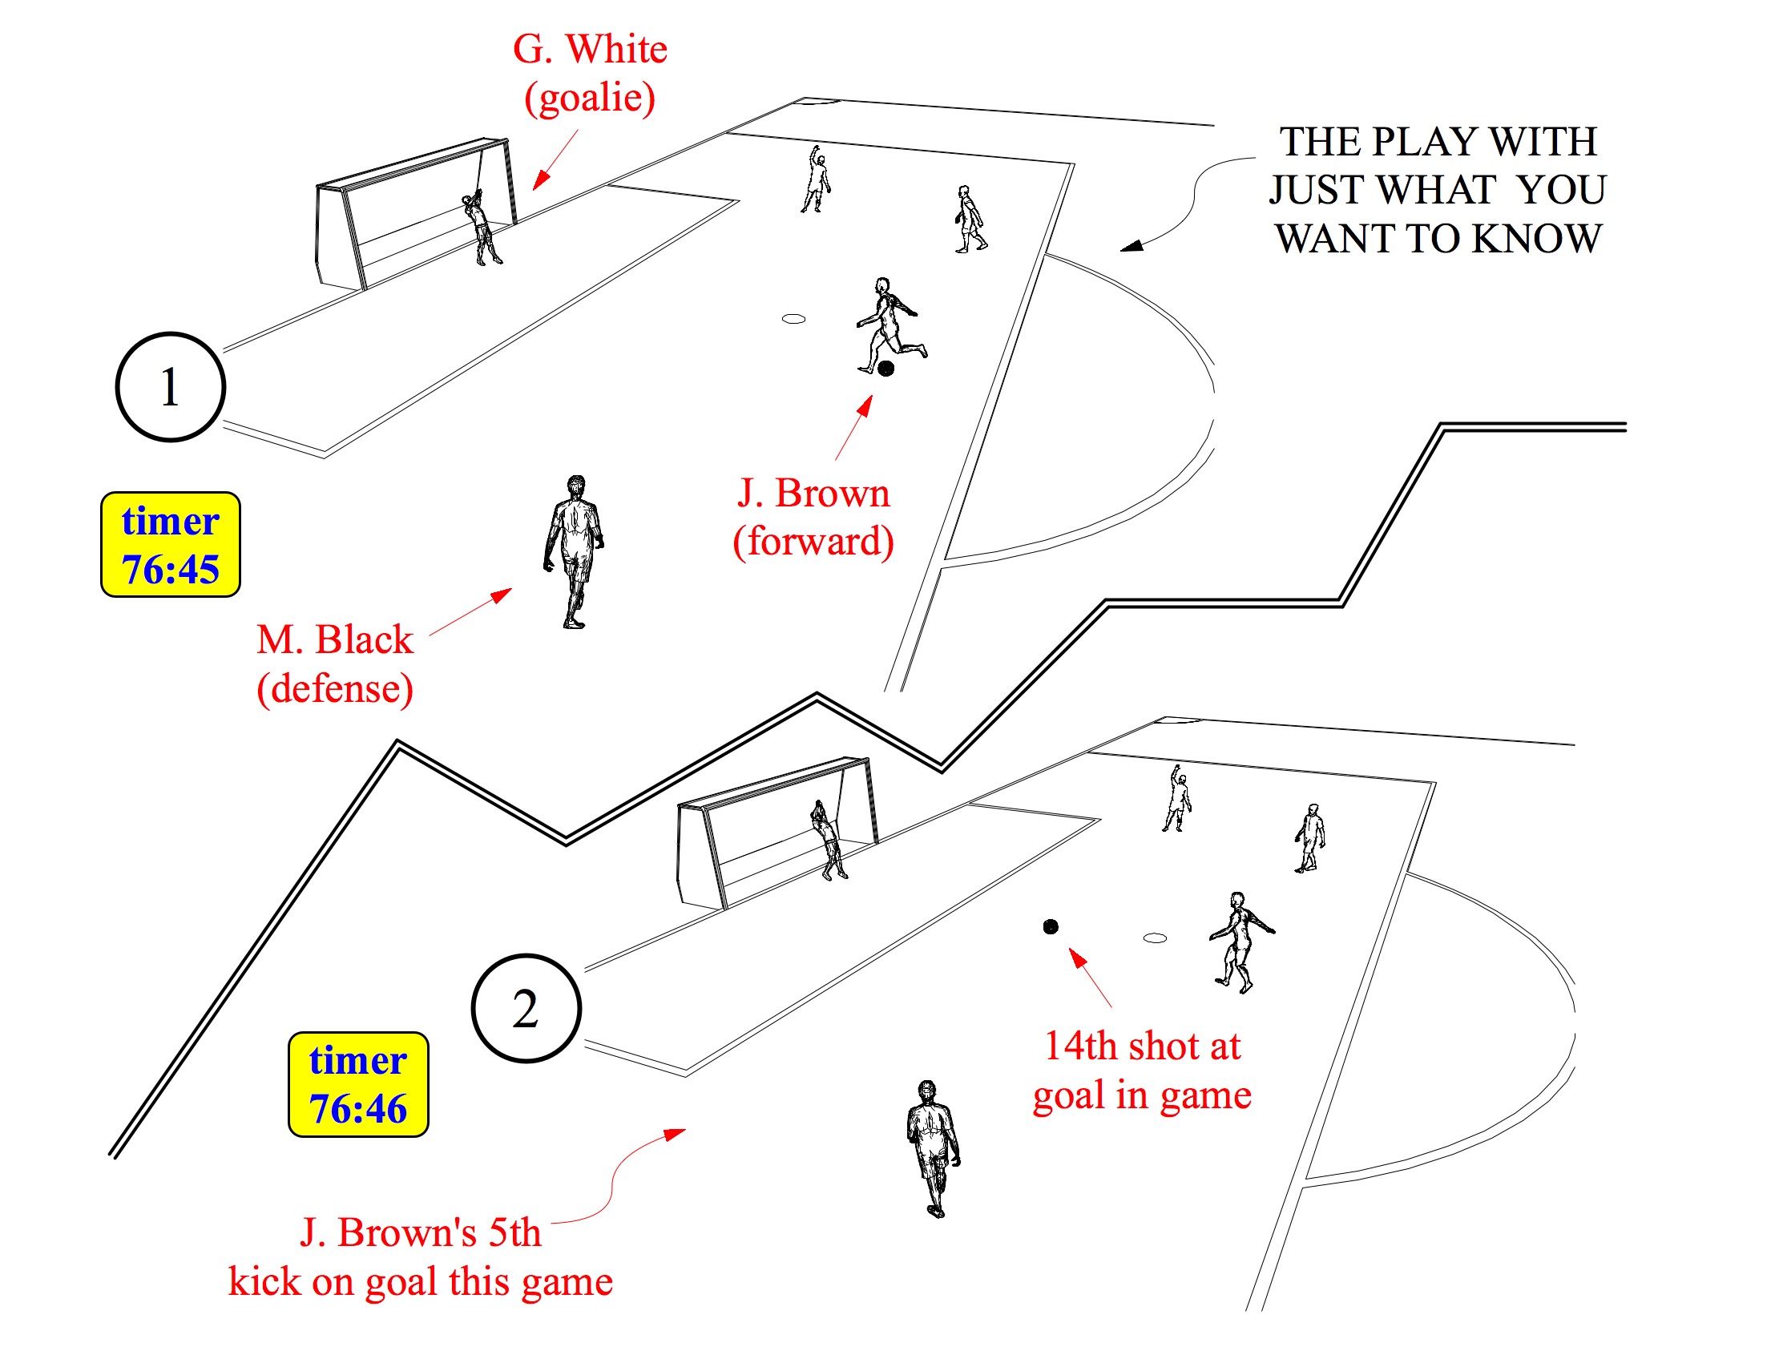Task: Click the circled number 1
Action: (170, 387)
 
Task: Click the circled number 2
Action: (526, 1008)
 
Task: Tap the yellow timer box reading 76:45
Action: (170, 544)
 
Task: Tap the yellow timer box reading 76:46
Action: (357, 1084)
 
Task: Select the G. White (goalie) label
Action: (590, 73)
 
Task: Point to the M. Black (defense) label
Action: (335, 663)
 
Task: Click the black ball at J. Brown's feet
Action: (885, 369)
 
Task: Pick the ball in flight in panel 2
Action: (1050, 926)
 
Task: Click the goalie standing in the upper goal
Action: (482, 228)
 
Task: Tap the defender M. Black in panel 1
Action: (575, 550)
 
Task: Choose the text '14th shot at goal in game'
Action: (1141, 1070)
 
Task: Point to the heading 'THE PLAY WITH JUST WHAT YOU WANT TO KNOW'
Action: (1437, 189)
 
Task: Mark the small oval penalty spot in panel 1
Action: (793, 319)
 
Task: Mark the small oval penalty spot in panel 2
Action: (1155, 938)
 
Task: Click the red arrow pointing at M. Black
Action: (471, 611)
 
